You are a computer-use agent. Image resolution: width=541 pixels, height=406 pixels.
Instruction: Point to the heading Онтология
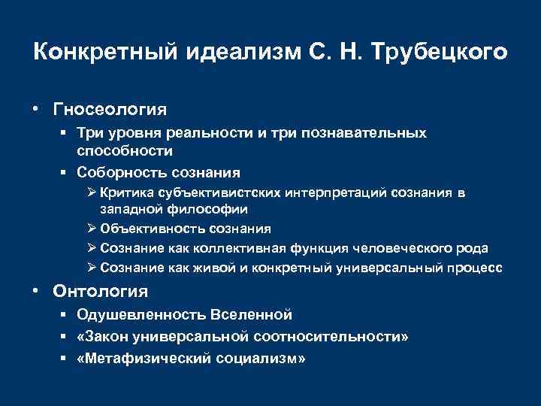coord(100,291)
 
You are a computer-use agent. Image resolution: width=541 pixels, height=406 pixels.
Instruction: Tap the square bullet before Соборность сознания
coord(65,171)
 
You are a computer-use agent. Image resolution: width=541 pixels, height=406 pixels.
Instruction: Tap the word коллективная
coord(236,248)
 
